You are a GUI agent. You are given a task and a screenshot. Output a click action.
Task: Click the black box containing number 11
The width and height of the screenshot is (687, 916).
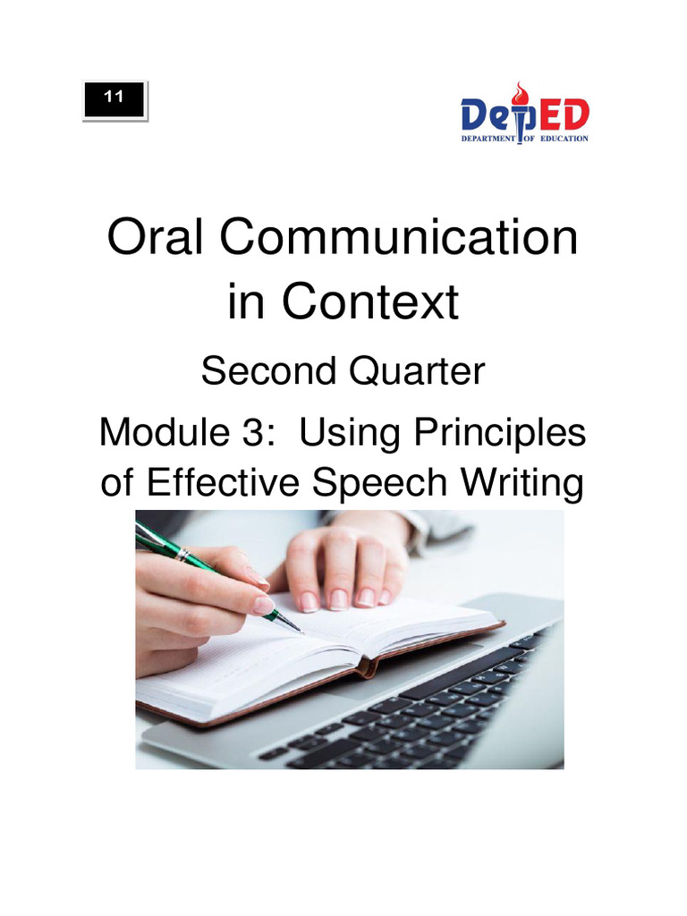[x=114, y=100]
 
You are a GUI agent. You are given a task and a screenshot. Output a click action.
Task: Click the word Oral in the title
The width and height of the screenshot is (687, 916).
[x=157, y=240]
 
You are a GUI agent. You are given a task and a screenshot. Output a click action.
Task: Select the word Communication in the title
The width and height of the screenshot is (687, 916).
[x=399, y=240]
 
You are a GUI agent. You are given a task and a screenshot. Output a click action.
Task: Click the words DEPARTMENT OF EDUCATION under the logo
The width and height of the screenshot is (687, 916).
[x=524, y=140]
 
